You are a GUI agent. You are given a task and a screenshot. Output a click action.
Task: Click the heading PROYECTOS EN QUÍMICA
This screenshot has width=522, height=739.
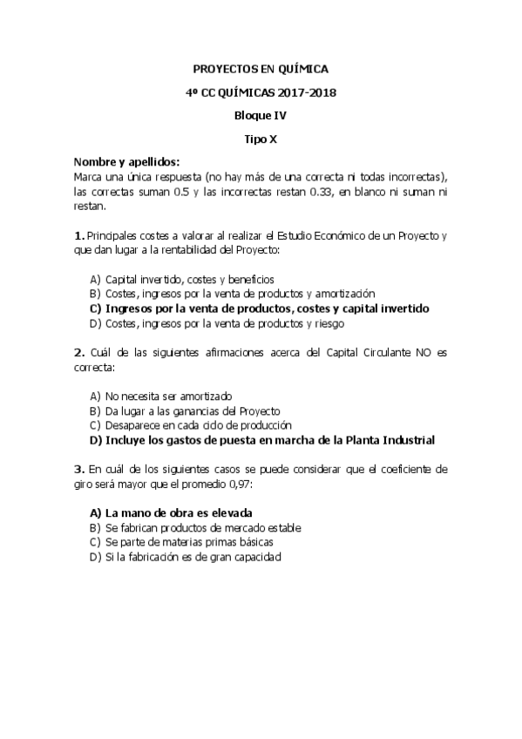tap(261, 69)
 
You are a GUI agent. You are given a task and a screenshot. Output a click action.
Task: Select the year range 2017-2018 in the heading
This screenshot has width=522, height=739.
tap(308, 92)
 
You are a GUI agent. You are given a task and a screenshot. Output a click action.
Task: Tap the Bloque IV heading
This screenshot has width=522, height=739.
tap(261, 115)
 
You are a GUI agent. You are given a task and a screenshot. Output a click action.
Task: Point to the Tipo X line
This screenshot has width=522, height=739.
tap(261, 139)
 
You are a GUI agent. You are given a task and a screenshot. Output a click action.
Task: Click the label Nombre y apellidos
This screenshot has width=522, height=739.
tap(127, 162)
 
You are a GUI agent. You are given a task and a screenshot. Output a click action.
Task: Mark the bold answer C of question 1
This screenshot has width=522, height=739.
tap(261, 308)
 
